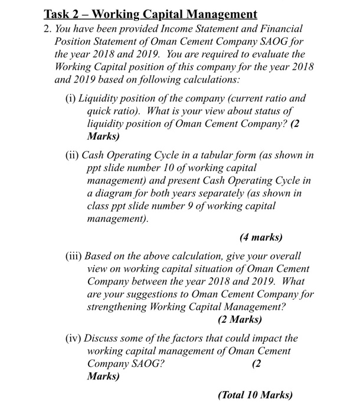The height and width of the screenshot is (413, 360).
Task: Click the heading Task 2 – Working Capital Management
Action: tap(151, 14)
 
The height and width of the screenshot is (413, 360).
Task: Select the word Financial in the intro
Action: tap(280, 29)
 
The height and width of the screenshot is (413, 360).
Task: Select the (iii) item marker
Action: tap(75, 257)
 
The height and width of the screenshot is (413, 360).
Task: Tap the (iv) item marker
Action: tap(74, 339)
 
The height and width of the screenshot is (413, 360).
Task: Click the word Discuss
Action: tap(103, 339)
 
